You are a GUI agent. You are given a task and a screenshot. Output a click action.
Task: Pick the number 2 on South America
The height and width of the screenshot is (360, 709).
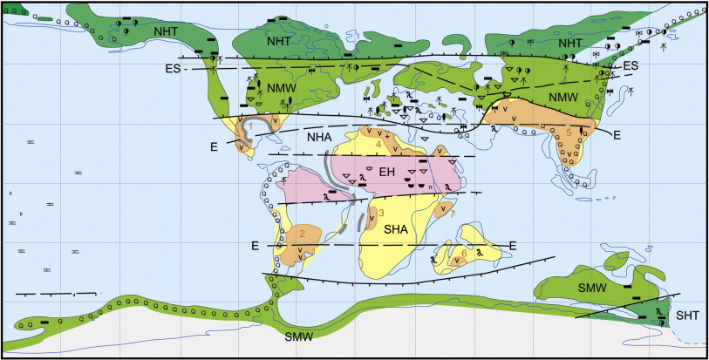click(x=302, y=233)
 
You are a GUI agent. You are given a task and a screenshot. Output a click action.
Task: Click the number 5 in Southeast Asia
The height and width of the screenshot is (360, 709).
click(x=569, y=132)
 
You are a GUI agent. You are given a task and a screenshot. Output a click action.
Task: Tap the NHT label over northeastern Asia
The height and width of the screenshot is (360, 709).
click(x=570, y=42)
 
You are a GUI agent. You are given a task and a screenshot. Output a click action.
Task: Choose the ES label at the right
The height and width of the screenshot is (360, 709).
click(x=630, y=65)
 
